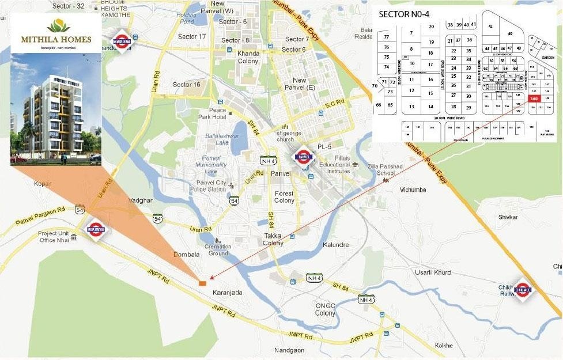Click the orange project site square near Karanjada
tap(202, 282)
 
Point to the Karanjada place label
tap(228, 293)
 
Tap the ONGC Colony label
tap(325, 309)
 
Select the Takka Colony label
tap(273, 240)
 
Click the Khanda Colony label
tap(248, 57)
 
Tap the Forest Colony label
tap(284, 197)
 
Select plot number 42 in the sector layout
tap(490, 26)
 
